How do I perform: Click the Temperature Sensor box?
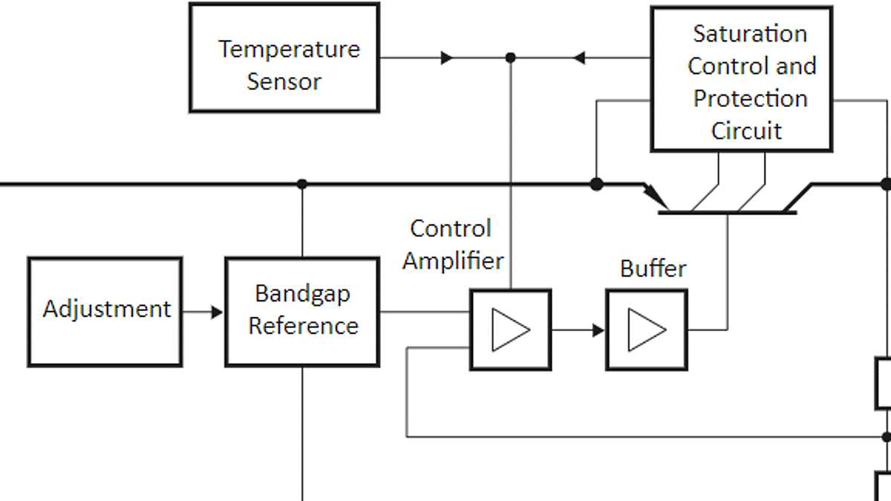(x=284, y=58)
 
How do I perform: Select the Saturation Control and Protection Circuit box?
(x=741, y=79)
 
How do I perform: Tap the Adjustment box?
(x=105, y=312)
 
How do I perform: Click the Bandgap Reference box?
(x=302, y=312)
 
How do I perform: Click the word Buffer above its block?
(x=653, y=269)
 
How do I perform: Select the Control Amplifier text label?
(x=451, y=244)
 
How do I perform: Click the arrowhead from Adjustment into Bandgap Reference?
(x=216, y=312)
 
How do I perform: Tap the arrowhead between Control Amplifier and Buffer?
(x=598, y=330)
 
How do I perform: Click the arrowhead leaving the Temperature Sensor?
(x=446, y=58)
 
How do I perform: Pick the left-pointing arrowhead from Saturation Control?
(x=580, y=58)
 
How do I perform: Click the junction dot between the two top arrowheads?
(x=510, y=58)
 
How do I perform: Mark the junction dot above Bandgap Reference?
(x=301, y=184)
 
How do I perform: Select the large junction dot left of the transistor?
(x=596, y=184)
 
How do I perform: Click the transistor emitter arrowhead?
(x=656, y=199)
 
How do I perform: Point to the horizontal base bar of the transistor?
(x=727, y=213)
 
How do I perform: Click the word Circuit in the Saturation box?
(x=746, y=131)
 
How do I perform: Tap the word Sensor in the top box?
(x=284, y=82)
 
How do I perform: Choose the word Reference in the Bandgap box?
(x=303, y=326)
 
